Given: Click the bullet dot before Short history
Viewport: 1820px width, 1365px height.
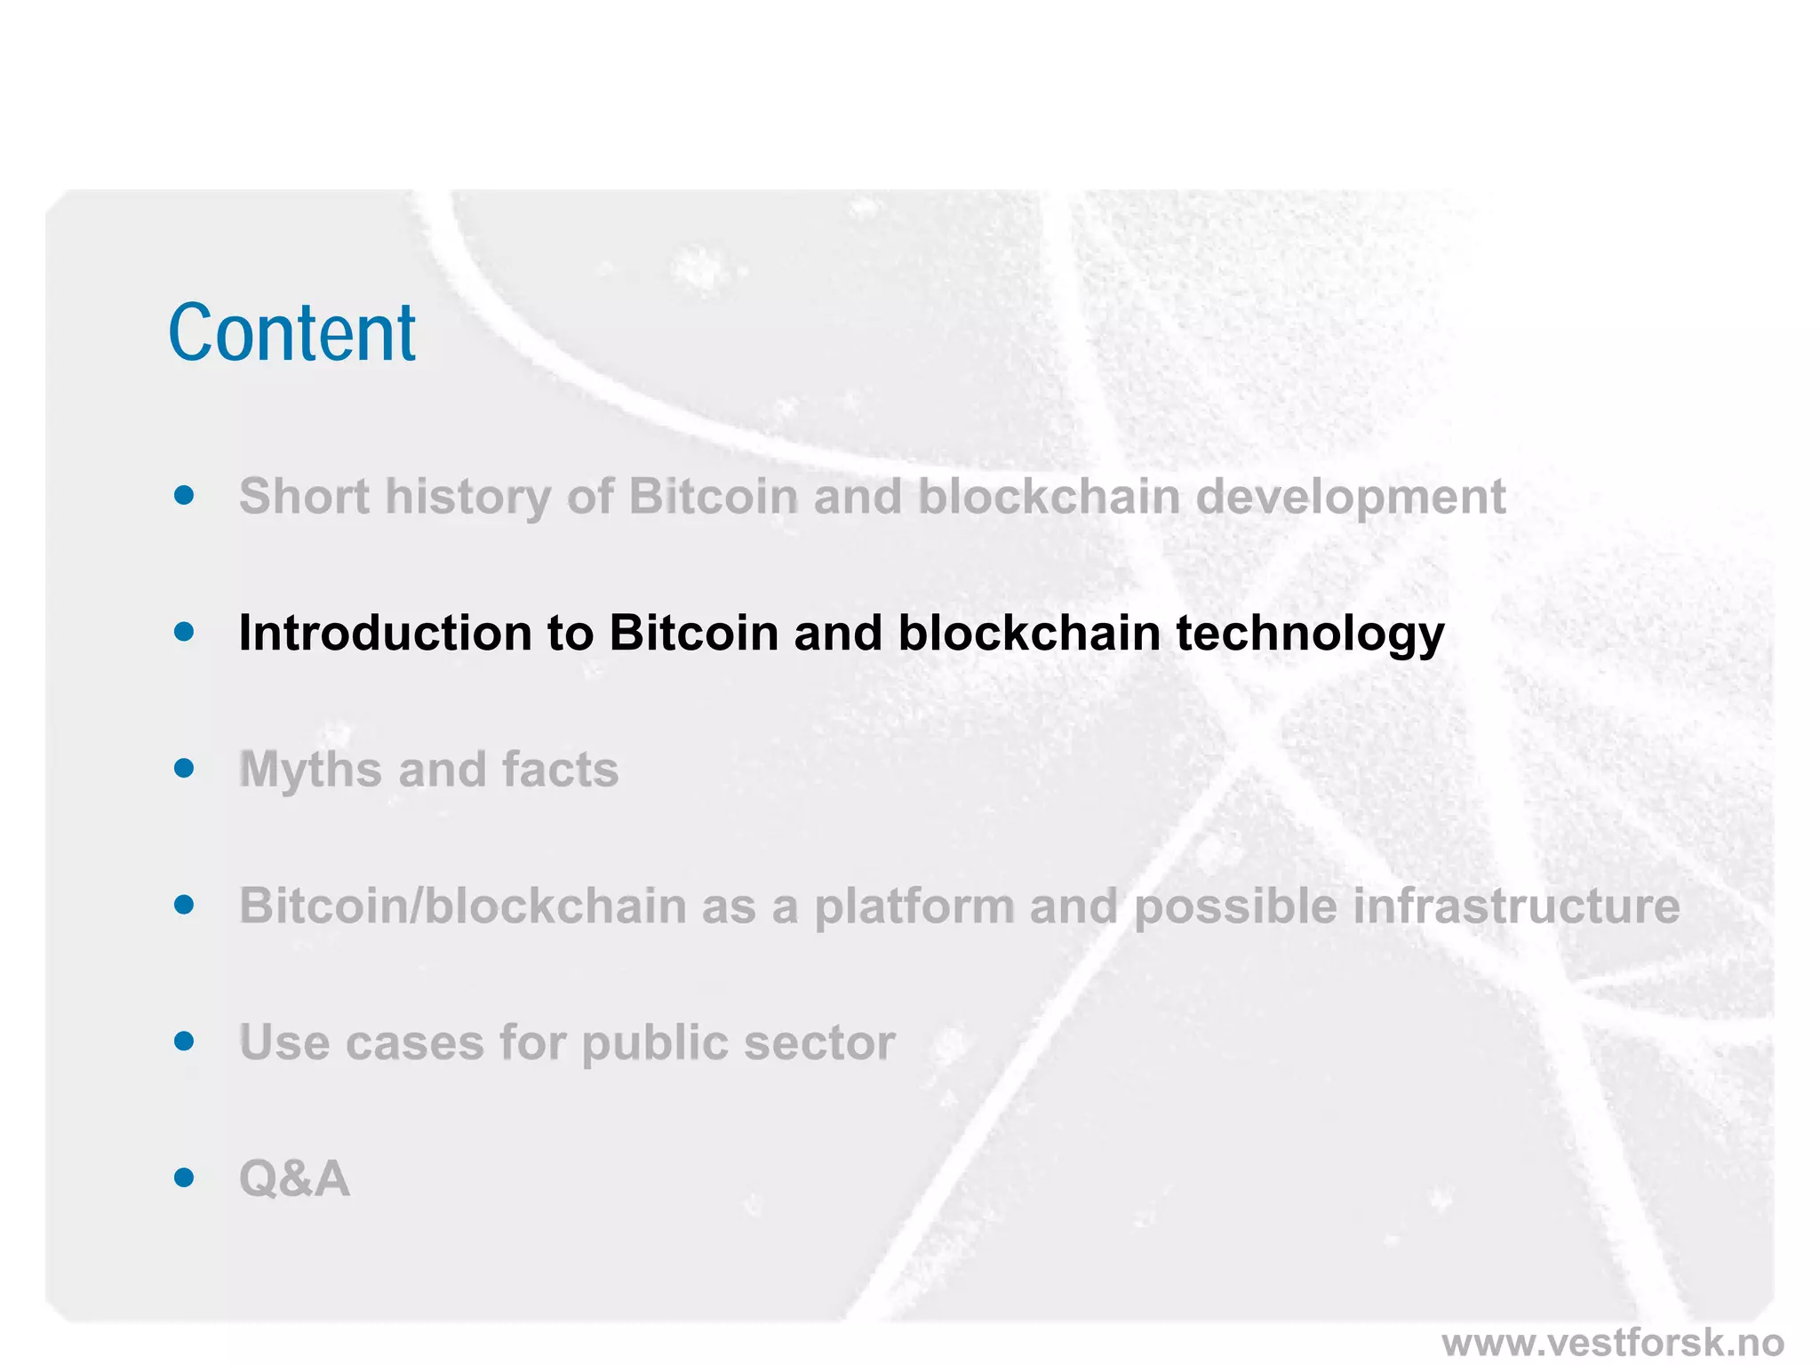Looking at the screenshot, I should coord(184,495).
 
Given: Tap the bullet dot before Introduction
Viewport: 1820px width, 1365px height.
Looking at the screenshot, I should coord(184,632).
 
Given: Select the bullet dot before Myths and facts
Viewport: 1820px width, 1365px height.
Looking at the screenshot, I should coord(184,768).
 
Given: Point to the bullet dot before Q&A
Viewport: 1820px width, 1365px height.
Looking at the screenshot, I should coord(184,1177).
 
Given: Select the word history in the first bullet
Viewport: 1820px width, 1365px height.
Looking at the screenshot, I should coord(467,498).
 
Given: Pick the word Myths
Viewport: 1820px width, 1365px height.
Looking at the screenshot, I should coord(310,770).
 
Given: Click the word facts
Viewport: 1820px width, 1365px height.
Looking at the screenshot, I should coord(560,770).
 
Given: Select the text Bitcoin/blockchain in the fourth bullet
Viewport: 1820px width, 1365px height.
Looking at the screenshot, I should coord(462,906).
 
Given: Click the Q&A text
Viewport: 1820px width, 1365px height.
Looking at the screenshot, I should coord(294,1179).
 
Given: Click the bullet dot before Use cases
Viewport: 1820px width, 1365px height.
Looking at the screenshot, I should coord(184,1041).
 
